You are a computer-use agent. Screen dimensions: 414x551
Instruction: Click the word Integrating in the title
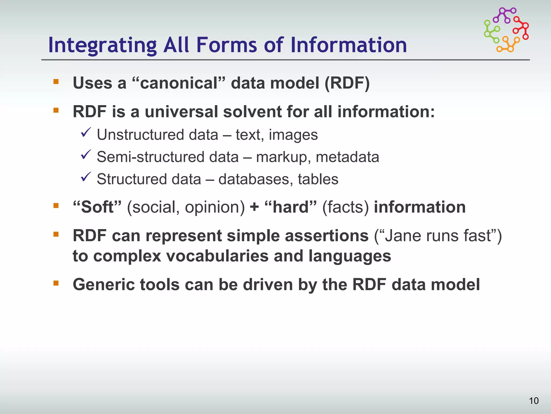[x=102, y=45]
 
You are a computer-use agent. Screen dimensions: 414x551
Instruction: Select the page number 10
[x=534, y=401]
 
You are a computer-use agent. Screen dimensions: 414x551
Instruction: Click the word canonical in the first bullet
[x=179, y=83]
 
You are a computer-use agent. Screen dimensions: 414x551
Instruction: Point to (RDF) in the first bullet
[x=347, y=83]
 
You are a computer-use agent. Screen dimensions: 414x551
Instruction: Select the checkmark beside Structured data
[x=86, y=177]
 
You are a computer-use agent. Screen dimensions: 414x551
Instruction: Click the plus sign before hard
[x=254, y=207]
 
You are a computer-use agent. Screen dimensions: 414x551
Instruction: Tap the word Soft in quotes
[x=97, y=207]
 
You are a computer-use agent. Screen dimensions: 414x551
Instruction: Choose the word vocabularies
[x=217, y=256]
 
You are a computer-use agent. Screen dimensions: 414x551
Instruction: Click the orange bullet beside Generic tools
[x=56, y=283]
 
